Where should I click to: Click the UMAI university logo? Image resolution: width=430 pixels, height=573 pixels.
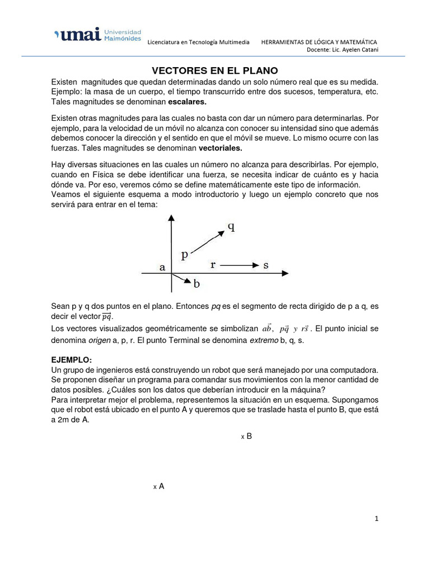tap(97, 34)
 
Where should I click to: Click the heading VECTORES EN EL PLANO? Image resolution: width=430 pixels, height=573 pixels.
tap(215, 71)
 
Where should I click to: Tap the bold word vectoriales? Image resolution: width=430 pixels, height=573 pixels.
tap(221, 148)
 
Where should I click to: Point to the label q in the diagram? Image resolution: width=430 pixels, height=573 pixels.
tap(231, 227)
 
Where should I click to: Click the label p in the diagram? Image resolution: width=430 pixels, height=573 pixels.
tap(185, 255)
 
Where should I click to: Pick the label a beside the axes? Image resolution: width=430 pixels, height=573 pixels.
tap(162, 267)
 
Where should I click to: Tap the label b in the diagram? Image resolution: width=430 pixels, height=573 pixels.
tap(197, 284)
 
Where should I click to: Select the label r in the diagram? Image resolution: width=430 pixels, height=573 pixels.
tap(213, 265)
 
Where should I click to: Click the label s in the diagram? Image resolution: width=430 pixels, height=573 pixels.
tap(265, 265)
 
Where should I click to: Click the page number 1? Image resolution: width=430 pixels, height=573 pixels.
tap(377, 519)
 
